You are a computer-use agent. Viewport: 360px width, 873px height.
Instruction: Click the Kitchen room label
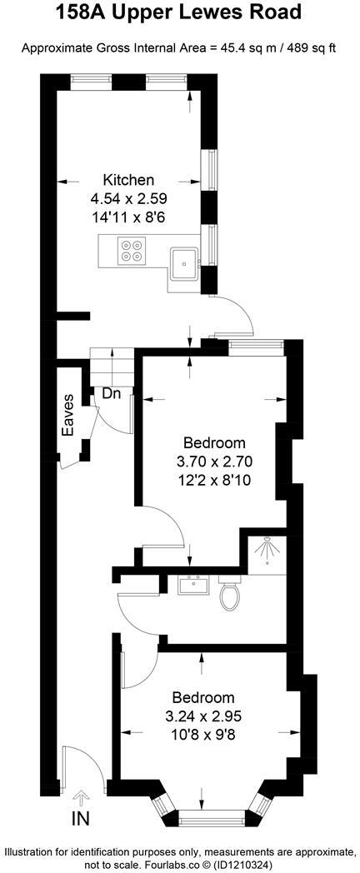(x=127, y=180)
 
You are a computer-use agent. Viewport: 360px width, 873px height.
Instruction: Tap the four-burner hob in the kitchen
(x=132, y=251)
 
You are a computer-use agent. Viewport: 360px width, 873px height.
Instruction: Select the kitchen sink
(x=182, y=266)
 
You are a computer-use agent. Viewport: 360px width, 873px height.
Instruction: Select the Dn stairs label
(x=112, y=393)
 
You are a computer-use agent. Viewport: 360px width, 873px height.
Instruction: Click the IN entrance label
(x=80, y=819)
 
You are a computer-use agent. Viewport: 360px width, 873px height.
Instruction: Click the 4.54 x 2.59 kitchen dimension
(x=127, y=199)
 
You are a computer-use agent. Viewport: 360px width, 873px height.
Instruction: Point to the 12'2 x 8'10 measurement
(x=214, y=479)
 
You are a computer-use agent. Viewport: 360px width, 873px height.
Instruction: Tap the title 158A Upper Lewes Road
(x=179, y=13)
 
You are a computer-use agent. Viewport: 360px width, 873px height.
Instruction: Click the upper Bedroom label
(x=214, y=442)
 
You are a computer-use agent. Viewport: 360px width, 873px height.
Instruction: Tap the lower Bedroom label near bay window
(x=202, y=697)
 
